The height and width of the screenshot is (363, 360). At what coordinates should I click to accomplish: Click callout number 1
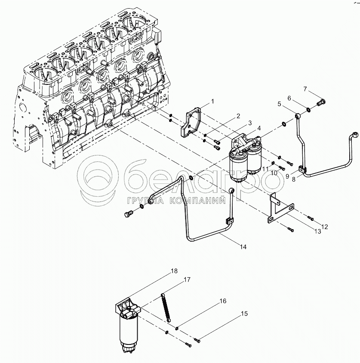(x=213, y=101)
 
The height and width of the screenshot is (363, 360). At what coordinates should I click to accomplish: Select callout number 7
(x=305, y=89)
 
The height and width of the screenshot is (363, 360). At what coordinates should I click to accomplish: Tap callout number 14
(x=243, y=247)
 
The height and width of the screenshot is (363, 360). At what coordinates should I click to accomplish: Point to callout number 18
(x=174, y=271)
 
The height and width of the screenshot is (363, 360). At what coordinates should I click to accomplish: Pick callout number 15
(x=244, y=313)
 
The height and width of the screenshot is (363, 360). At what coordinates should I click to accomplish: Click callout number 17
(x=187, y=279)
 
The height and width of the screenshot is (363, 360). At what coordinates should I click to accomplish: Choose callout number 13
(x=318, y=231)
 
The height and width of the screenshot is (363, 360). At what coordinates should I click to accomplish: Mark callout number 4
(x=259, y=128)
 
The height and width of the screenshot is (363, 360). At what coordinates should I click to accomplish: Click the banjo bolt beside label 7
(x=321, y=102)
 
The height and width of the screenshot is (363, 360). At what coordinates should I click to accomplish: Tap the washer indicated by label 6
(x=309, y=109)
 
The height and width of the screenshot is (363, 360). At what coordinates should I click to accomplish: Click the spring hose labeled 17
(x=166, y=308)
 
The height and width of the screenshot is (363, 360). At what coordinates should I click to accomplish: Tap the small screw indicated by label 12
(x=310, y=218)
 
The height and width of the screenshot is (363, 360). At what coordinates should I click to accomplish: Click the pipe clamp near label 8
(x=302, y=169)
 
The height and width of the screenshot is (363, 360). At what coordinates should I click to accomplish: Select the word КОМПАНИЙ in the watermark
(x=197, y=200)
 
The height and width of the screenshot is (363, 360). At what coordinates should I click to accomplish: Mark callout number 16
(x=223, y=301)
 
